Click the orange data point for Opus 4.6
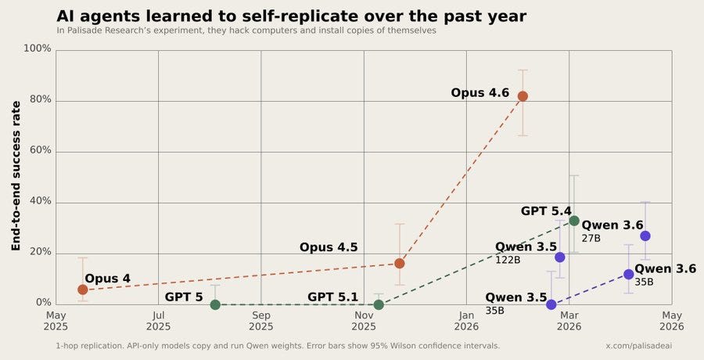point(523,96)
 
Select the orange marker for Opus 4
point(83,290)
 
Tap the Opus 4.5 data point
point(399,264)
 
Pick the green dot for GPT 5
point(215,304)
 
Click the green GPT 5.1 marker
point(379,304)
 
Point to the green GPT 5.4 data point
point(574,221)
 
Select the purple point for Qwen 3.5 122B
point(560,257)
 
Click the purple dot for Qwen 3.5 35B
point(551,304)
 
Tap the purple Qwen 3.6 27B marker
point(645,236)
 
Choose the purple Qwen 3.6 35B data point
point(629,274)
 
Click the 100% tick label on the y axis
point(38,49)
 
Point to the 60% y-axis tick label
point(40,150)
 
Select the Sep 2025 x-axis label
point(260,321)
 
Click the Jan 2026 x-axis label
point(466,321)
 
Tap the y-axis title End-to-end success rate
point(16,176)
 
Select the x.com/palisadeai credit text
point(639,346)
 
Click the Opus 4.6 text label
point(480,93)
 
